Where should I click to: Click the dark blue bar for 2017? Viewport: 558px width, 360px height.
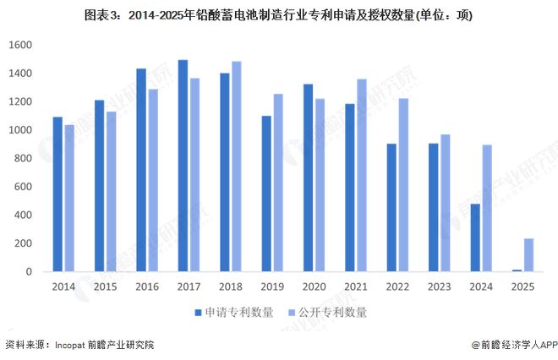point(183,166)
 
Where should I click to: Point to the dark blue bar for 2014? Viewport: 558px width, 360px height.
point(57,194)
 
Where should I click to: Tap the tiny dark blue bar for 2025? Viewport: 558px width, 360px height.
point(516,270)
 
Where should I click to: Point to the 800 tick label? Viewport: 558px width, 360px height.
point(23,158)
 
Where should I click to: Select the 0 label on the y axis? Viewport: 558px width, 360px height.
point(29,271)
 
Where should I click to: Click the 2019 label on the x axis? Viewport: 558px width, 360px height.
point(272,288)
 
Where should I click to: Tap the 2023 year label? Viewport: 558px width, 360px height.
point(439,288)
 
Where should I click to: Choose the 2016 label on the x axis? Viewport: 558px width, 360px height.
point(147,288)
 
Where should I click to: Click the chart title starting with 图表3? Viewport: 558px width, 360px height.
point(278,14)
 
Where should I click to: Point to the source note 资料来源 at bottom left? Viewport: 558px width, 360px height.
point(80,345)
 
